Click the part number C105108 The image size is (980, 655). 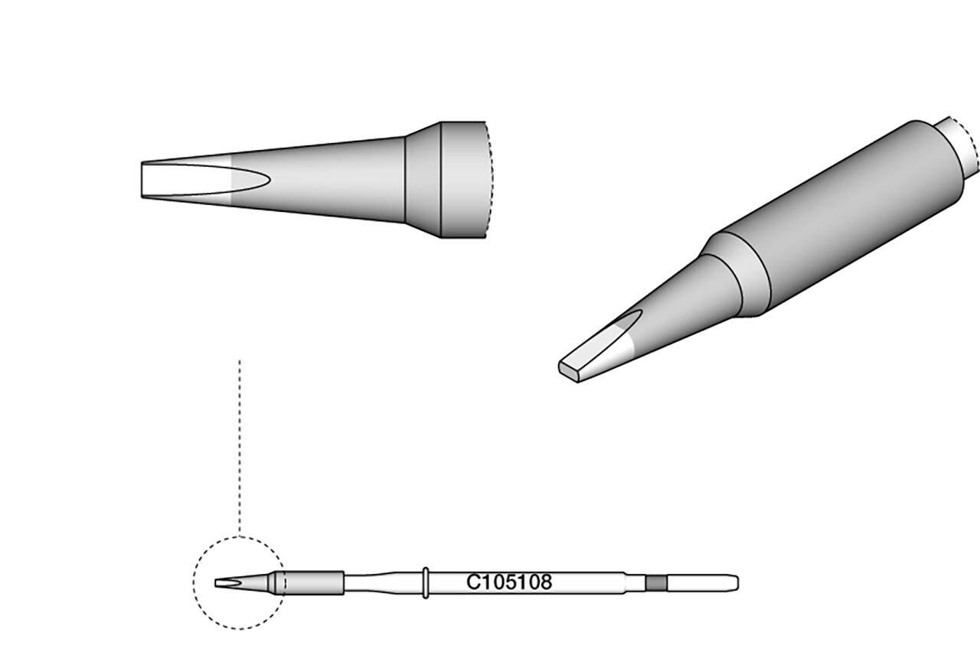click(509, 582)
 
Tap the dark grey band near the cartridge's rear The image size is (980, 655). click(656, 583)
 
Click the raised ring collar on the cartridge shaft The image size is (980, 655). click(425, 582)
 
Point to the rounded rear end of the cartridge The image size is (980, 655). click(736, 583)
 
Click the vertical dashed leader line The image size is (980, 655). click(240, 444)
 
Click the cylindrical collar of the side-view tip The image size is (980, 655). click(463, 180)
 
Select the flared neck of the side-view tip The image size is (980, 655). click(422, 180)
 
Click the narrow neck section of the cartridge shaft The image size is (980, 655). click(364, 582)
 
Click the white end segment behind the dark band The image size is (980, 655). click(701, 583)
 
